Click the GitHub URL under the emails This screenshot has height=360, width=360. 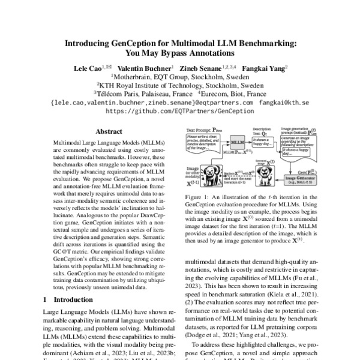(180, 111)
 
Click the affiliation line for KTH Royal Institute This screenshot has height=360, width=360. (180, 85)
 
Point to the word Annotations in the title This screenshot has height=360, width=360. (212, 53)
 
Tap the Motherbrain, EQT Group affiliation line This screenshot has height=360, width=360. (180, 77)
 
